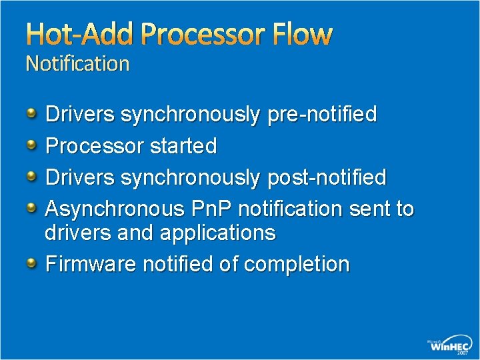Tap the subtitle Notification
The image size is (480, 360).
coord(77,64)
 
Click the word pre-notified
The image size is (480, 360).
coord(321,115)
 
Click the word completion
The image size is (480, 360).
coord(296,265)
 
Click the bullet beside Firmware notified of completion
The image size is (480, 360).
coord(32,263)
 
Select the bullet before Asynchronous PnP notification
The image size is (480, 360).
coord(32,207)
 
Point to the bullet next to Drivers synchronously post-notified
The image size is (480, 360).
coord(32,176)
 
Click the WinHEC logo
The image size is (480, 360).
coord(449,344)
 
